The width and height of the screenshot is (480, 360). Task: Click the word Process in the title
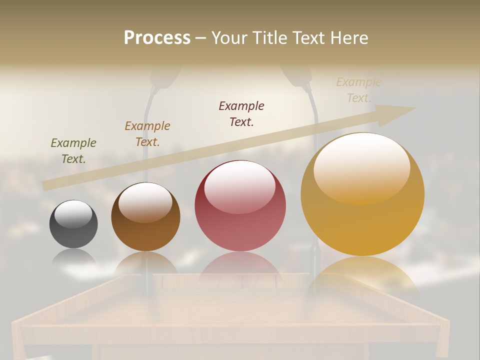[157, 37]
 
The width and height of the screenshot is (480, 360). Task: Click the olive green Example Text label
[73, 150]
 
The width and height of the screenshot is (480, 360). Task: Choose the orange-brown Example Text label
[147, 133]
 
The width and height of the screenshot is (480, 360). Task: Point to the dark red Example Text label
[241, 113]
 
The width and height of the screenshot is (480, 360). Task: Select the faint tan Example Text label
[358, 89]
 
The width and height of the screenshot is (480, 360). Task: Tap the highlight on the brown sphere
[145, 202]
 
